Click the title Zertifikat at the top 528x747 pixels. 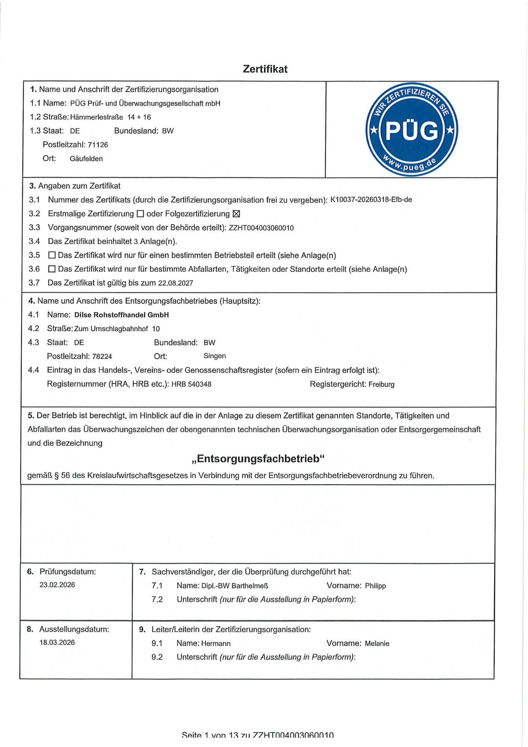click(x=265, y=69)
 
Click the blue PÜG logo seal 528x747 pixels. click(x=411, y=130)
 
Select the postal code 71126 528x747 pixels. click(x=98, y=145)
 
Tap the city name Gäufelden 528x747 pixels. click(x=86, y=159)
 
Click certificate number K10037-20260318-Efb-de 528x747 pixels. click(x=371, y=199)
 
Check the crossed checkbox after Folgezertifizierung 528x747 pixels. click(x=236, y=214)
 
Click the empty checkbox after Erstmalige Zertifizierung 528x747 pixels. click(x=140, y=214)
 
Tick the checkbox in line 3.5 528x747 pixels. click(x=52, y=255)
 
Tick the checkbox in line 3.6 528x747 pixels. click(x=52, y=269)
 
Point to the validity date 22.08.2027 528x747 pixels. click(x=176, y=283)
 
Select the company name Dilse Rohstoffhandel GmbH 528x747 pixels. click(x=121, y=315)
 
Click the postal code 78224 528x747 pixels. click(x=102, y=356)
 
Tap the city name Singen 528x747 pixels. click(x=215, y=356)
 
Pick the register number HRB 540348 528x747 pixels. click(x=191, y=384)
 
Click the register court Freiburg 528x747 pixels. click(x=381, y=384)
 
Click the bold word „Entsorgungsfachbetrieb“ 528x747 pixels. click(x=258, y=459)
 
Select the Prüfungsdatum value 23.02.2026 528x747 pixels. click(x=57, y=585)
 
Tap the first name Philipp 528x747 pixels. click(x=375, y=586)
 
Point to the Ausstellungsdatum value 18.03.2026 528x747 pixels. click(x=57, y=642)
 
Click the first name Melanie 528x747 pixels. click(x=377, y=644)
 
